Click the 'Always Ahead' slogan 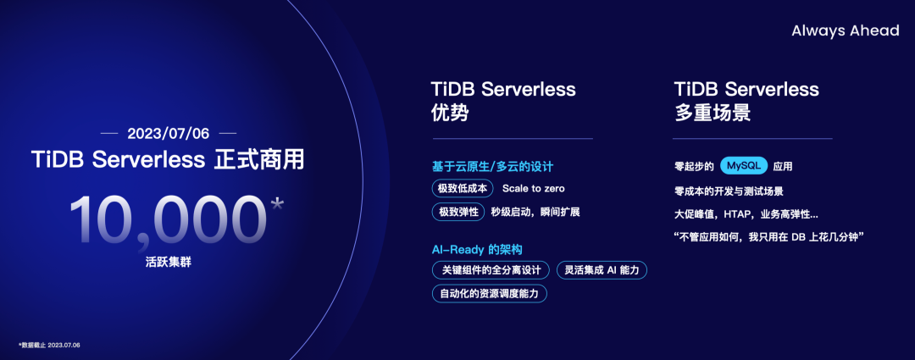[x=845, y=30]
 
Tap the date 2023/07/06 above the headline [x=168, y=134]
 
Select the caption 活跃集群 [x=168, y=264]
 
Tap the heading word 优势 [x=449, y=114]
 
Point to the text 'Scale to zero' [x=533, y=188]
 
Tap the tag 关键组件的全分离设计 [x=491, y=270]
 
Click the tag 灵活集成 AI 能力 [x=602, y=270]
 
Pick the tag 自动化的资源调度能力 [x=489, y=294]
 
